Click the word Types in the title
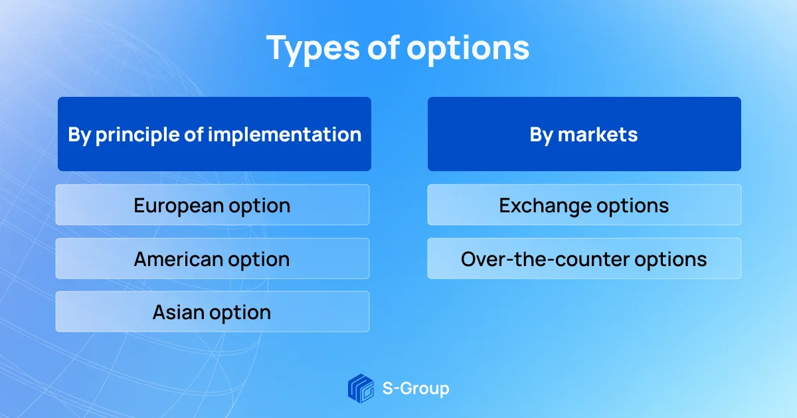[x=313, y=48]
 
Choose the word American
[x=177, y=259]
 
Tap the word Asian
[x=178, y=313]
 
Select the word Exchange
[x=545, y=206]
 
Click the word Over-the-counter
[x=545, y=259]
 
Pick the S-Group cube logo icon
[x=361, y=388]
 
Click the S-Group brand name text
[x=416, y=389]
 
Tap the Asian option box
[x=213, y=312]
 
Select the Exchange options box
[x=584, y=205]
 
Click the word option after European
[x=260, y=206]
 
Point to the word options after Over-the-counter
[x=671, y=260]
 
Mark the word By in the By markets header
[x=541, y=135]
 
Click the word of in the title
[x=383, y=48]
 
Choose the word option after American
[x=258, y=260]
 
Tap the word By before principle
[x=79, y=135]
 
